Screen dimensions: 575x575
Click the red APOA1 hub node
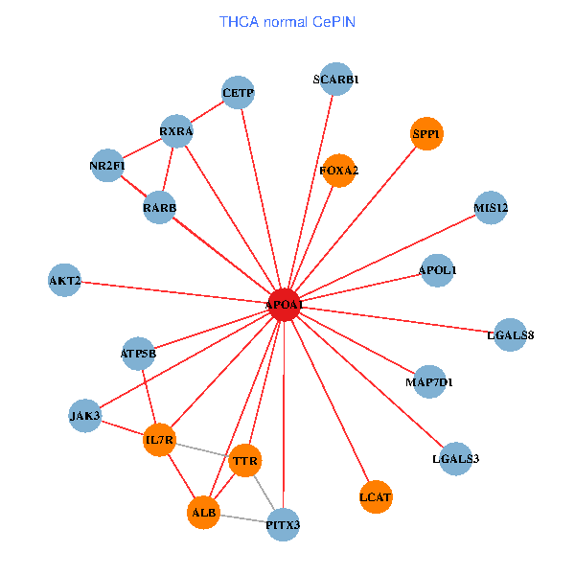point(285,304)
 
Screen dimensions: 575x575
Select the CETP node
point(238,93)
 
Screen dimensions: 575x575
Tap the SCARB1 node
point(335,80)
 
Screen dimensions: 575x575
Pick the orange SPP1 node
point(426,135)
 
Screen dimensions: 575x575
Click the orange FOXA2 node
point(339,171)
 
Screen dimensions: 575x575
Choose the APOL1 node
point(438,270)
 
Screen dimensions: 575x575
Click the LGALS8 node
point(511,334)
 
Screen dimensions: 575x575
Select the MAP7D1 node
point(429,382)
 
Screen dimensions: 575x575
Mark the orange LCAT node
point(377,496)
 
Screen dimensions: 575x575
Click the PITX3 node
point(283,524)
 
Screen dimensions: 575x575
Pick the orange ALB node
point(204,513)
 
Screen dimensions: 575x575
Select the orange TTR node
point(246,462)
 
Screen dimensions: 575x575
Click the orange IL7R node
point(159,440)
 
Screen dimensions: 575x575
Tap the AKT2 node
point(64,281)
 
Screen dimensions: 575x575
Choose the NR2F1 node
point(107,166)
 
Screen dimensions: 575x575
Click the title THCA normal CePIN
point(287,21)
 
